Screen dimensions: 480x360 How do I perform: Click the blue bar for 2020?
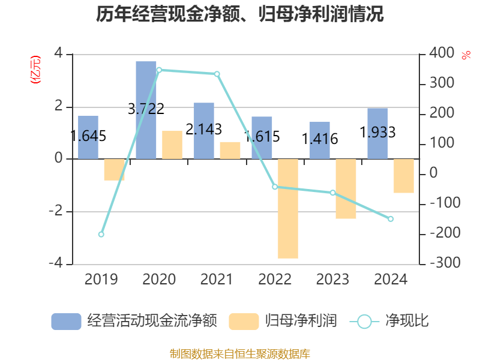click(146, 110)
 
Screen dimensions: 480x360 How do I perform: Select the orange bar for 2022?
click(288, 209)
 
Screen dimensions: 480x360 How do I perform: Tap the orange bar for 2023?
click(346, 189)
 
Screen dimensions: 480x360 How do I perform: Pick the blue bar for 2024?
click(377, 134)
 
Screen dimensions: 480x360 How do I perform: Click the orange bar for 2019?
click(114, 170)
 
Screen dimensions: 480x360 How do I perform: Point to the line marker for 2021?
click(217, 74)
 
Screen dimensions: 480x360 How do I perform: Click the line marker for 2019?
click(101, 235)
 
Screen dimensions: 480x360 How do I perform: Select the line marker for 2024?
click(391, 219)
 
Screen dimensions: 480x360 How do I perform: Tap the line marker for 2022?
click(275, 187)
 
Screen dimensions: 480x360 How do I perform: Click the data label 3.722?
click(146, 109)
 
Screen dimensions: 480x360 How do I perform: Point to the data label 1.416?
click(320, 139)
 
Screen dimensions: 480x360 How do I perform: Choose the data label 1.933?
click(377, 132)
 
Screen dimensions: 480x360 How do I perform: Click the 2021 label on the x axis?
click(217, 279)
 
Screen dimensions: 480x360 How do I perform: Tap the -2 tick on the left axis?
click(56, 211)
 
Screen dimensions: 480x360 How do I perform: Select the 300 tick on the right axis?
click(442, 83)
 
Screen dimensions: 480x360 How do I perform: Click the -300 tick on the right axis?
click(445, 263)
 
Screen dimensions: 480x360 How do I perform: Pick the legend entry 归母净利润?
click(283, 321)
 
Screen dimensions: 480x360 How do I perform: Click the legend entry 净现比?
click(389, 321)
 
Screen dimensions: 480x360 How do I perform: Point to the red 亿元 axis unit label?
click(35, 70)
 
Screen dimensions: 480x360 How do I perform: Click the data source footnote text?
click(240, 354)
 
